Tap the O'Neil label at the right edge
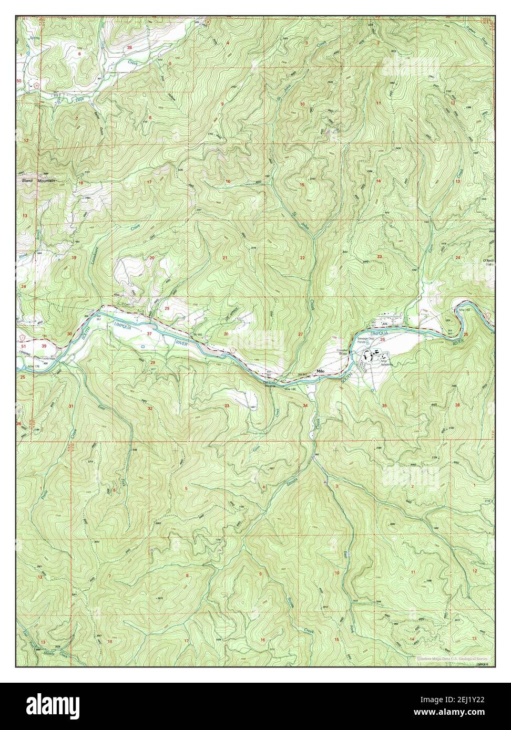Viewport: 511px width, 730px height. [489, 261]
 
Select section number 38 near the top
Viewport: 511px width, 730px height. [129, 47]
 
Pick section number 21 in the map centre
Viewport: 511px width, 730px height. [224, 258]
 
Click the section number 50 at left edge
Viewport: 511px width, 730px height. [19, 81]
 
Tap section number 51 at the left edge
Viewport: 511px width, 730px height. [23, 347]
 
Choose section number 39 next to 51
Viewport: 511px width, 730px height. [44, 347]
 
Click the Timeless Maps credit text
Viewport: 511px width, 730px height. [453, 658]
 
